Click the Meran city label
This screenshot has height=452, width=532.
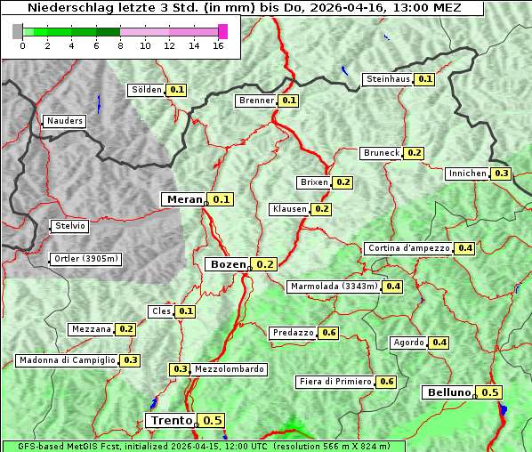[185, 199]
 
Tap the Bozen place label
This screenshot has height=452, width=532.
[227, 264]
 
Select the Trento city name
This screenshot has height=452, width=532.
[171, 421]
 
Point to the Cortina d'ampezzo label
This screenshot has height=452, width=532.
[408, 248]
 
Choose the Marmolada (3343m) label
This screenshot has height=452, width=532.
[334, 287]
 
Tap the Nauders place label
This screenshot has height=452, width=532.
[65, 121]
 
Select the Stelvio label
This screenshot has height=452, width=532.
[70, 226]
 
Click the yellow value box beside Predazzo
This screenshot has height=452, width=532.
[329, 333]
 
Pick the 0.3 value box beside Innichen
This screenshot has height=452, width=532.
[502, 174]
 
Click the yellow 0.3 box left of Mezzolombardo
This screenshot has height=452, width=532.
[180, 369]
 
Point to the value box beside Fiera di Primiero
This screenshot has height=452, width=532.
[386, 382]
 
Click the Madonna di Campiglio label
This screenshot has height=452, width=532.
[67, 360]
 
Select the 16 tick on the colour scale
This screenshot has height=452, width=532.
[218, 46]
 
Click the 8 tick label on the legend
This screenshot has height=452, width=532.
[120, 46]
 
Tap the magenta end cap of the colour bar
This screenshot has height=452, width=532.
[222, 31]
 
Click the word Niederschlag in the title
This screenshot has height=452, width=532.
[63, 7]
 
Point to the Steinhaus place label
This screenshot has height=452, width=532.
[388, 79]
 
